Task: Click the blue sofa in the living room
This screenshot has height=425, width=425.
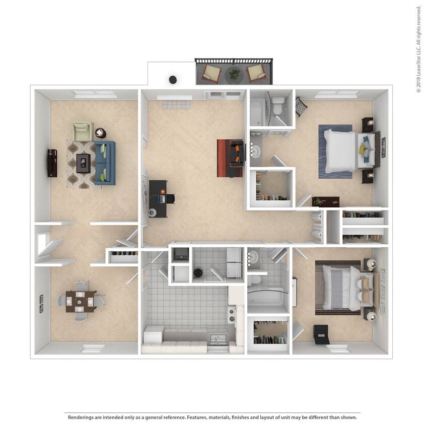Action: pyautogui.click(x=105, y=163)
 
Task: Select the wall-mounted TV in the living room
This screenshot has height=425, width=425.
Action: pyautogui.click(x=52, y=163)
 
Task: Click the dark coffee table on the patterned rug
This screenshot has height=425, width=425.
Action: pyautogui.click(x=83, y=162)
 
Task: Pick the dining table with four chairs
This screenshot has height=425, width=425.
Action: pyautogui.click(x=81, y=302)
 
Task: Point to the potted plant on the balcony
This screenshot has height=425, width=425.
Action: pyautogui.click(x=234, y=75)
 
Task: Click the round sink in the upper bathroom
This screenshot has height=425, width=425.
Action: pyautogui.click(x=255, y=151)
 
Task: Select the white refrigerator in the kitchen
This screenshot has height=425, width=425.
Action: pyautogui.click(x=153, y=334)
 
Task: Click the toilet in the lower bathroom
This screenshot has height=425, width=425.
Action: pyautogui.click(x=255, y=278)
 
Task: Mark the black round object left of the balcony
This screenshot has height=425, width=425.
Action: pyautogui.click(x=173, y=80)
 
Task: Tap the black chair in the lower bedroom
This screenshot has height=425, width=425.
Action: pyautogui.click(x=320, y=334)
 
